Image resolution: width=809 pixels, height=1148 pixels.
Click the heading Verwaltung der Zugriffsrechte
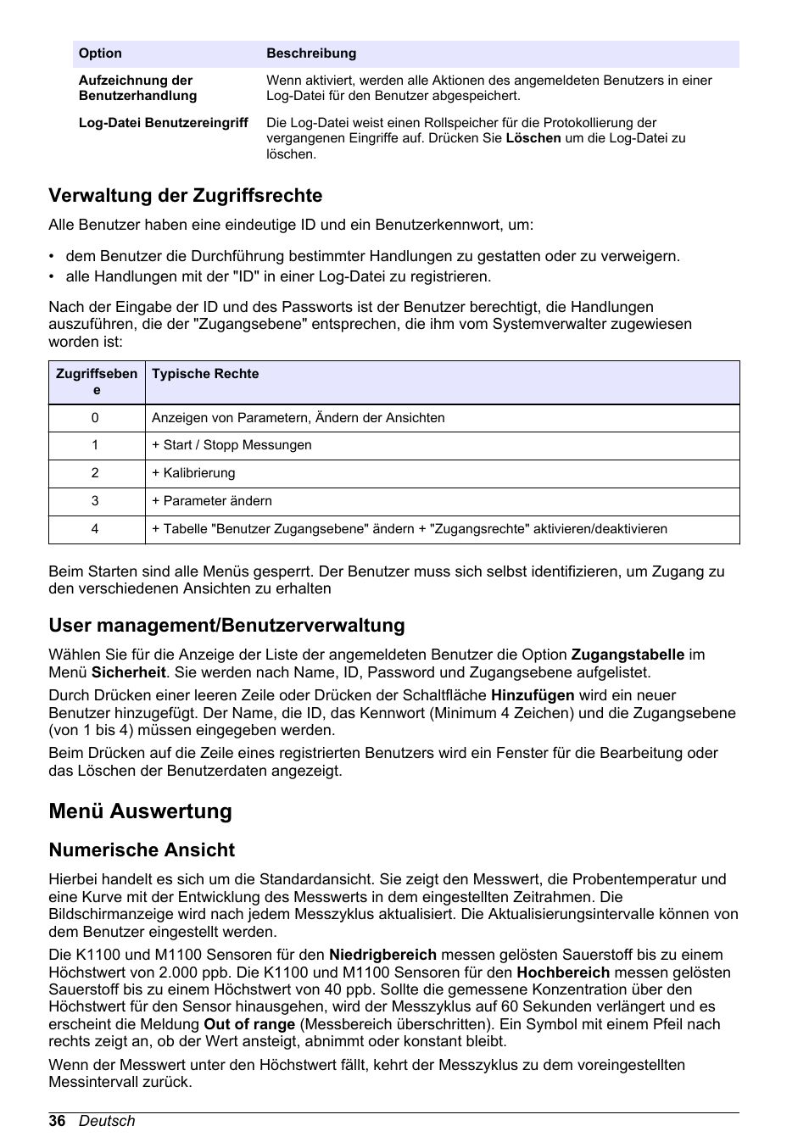(x=185, y=196)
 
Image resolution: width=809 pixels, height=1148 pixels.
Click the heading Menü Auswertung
(x=140, y=811)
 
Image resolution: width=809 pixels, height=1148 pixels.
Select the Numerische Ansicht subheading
(x=142, y=850)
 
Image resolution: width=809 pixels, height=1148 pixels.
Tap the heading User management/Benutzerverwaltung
(x=226, y=626)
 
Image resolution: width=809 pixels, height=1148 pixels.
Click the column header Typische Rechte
(x=205, y=374)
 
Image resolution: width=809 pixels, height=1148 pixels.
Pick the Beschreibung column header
(x=311, y=53)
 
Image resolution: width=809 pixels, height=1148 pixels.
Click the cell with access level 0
(x=95, y=418)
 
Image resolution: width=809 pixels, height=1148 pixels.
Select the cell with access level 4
(x=95, y=529)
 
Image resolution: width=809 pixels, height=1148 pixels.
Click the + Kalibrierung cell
(x=193, y=473)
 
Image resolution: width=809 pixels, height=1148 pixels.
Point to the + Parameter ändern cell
(x=212, y=501)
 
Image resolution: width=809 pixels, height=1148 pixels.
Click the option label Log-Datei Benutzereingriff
(x=164, y=123)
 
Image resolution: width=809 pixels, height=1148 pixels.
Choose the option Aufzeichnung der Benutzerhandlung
(x=137, y=88)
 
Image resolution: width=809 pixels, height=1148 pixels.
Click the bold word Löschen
(x=533, y=138)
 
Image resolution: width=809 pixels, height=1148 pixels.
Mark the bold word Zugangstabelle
(x=628, y=655)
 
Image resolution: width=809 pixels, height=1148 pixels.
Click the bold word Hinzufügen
(x=533, y=695)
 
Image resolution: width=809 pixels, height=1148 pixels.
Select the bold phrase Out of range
(x=249, y=1024)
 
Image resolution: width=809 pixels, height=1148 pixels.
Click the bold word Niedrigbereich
(x=382, y=955)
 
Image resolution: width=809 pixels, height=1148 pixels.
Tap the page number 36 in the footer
(x=57, y=1121)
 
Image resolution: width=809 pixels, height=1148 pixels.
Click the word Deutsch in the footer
(x=107, y=1121)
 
